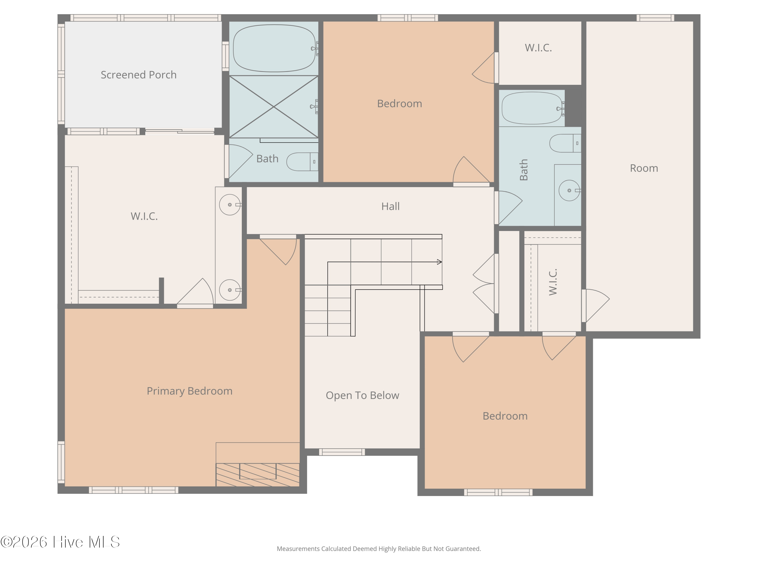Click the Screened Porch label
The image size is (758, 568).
(x=138, y=75)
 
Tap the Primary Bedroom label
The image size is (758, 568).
(x=189, y=391)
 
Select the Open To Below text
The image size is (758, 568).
(x=362, y=395)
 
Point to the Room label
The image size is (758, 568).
(x=644, y=168)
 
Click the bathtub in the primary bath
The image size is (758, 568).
(x=274, y=48)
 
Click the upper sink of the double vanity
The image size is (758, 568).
(x=230, y=205)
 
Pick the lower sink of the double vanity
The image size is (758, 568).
(x=230, y=290)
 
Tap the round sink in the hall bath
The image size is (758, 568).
(x=569, y=190)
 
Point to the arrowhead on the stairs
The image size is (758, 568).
(x=439, y=262)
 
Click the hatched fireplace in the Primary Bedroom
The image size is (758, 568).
(x=258, y=475)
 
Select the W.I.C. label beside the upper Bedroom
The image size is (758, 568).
(x=538, y=48)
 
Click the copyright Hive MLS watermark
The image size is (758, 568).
(x=60, y=542)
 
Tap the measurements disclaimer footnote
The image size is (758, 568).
(x=379, y=549)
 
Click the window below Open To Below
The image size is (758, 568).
(x=342, y=452)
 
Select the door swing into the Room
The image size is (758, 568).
(x=596, y=306)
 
